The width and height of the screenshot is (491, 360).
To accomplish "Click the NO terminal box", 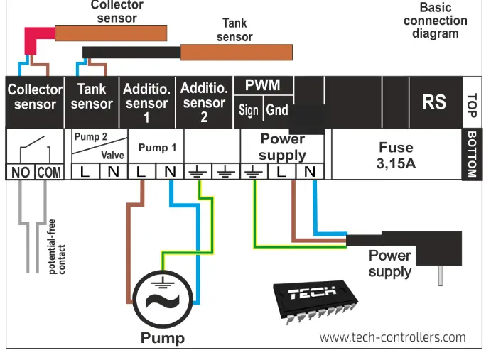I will pos(20,173).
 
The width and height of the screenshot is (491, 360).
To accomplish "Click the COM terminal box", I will pos(48,173).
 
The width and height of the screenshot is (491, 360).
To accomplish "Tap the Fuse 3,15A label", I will pos(396,154).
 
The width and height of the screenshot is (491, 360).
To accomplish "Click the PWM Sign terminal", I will pos(249,111).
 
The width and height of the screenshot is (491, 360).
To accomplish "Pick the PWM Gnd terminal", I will pos(277,111).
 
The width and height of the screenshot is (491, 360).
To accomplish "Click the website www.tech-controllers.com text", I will pos(392,337).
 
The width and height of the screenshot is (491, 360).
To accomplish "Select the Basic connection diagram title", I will pos(435,21).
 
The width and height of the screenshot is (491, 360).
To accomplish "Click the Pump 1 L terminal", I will pos(141,172).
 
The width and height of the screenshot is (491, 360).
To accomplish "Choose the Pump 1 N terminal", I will pos(170,172).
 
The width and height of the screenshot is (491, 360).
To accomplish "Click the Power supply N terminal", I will pos(309,172).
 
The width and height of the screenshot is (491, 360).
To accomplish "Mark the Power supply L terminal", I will pos(281,172).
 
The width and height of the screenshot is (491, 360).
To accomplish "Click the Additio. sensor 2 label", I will pos(204,102).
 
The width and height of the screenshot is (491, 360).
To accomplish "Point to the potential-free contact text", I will pos(56,248).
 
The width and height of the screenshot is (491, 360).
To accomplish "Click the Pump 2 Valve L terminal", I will pos(85,172).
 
